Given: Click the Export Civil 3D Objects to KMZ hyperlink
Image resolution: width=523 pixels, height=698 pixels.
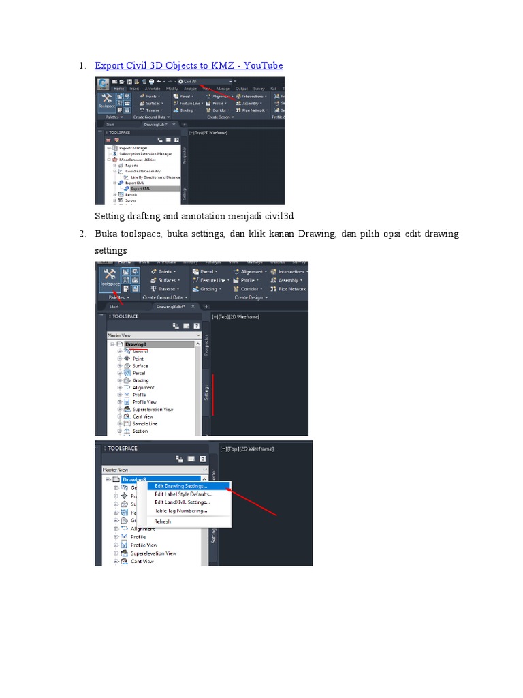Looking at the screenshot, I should coord(189,65).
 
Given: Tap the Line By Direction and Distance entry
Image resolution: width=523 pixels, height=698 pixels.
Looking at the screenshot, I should coord(155,177).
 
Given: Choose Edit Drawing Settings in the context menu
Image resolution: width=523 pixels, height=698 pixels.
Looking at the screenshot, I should coord(180,487).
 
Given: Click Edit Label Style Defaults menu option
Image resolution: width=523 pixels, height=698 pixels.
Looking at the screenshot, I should coord(183,494).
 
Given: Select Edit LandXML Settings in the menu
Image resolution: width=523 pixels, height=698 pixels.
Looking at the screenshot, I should coord(182,502).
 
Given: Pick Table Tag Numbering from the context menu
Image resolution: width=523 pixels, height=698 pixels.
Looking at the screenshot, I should coord(180,511).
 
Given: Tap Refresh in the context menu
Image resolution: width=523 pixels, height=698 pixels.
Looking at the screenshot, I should coord(163,521).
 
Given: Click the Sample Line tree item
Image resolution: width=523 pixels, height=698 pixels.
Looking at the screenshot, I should coord(145,423).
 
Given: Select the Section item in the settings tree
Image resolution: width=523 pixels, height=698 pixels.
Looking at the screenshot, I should coord(140,431).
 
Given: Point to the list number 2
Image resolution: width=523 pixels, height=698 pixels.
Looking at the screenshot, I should coord(80,234).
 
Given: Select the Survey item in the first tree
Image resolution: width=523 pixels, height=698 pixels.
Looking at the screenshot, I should coord(131,200).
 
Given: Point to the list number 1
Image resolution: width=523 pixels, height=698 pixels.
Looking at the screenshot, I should coord(80,65).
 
